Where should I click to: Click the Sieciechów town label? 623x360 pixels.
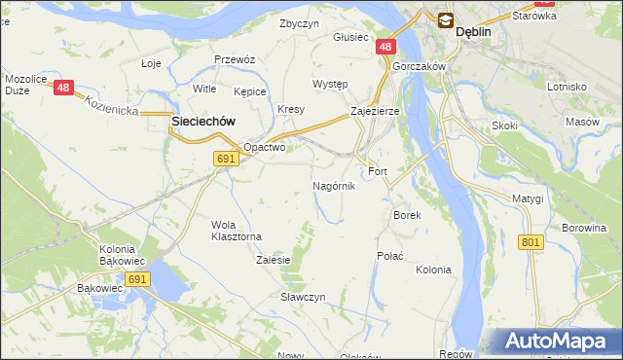203,121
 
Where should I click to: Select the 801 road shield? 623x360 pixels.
531,241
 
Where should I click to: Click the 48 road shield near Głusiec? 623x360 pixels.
386,47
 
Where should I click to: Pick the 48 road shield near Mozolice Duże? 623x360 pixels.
64,88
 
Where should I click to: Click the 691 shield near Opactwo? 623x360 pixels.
226,159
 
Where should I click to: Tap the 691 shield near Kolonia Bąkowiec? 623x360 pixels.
137,279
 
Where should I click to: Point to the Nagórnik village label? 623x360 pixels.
334,186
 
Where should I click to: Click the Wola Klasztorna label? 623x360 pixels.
237,231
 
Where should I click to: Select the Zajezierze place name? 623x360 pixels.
375,112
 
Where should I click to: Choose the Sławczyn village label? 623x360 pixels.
303,297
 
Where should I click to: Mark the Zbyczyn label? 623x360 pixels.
299,23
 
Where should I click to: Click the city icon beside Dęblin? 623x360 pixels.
445,18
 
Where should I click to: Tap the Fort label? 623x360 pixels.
378,171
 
